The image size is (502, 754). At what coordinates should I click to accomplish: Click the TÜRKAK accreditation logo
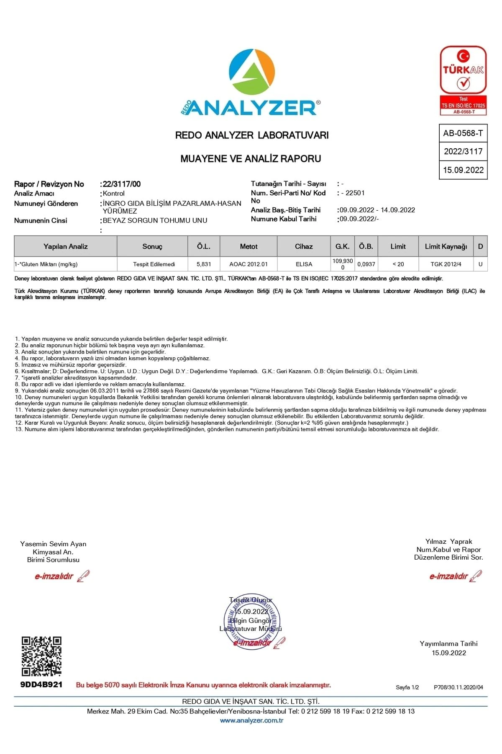click(463, 80)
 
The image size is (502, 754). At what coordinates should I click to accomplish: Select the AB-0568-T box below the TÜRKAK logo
click(463, 133)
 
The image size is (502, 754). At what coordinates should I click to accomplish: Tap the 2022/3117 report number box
click(463, 152)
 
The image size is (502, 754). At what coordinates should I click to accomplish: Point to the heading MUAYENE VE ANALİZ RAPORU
click(251, 159)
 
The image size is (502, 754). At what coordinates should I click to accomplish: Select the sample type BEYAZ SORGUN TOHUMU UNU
click(155, 220)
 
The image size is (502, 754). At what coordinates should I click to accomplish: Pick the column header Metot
click(248, 246)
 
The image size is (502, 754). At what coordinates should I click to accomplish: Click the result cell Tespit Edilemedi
click(154, 264)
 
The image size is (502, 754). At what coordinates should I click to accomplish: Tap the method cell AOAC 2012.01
click(248, 264)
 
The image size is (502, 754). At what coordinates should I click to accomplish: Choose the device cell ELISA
click(304, 264)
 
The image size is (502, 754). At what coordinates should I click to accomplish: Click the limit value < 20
click(398, 264)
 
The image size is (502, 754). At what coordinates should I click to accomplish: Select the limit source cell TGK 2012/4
click(446, 264)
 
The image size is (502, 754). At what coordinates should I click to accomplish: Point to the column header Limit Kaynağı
click(446, 246)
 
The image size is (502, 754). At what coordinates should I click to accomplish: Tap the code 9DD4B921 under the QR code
click(41, 684)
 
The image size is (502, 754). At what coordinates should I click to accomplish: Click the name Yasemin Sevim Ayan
click(53, 544)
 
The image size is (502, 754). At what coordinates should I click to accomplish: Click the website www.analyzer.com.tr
click(252, 720)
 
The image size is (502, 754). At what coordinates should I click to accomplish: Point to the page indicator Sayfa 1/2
click(407, 687)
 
